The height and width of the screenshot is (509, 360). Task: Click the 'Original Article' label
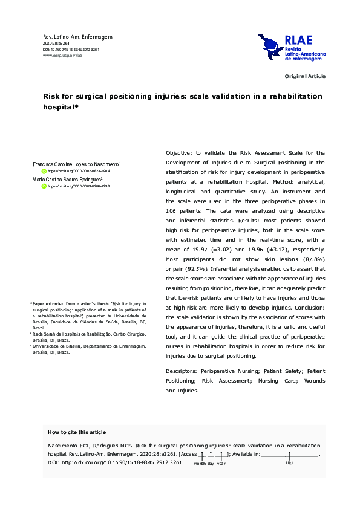pos(306,76)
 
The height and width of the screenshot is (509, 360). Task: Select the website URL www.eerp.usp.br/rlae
pos(62,55)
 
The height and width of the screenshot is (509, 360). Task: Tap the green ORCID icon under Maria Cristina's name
pos(44,187)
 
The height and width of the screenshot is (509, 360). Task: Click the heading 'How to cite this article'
pos(76,432)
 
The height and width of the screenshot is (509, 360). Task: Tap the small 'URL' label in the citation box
pos(289,463)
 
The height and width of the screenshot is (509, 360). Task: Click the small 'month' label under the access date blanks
pos(200,464)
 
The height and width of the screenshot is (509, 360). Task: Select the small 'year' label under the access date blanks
pos(221,464)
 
